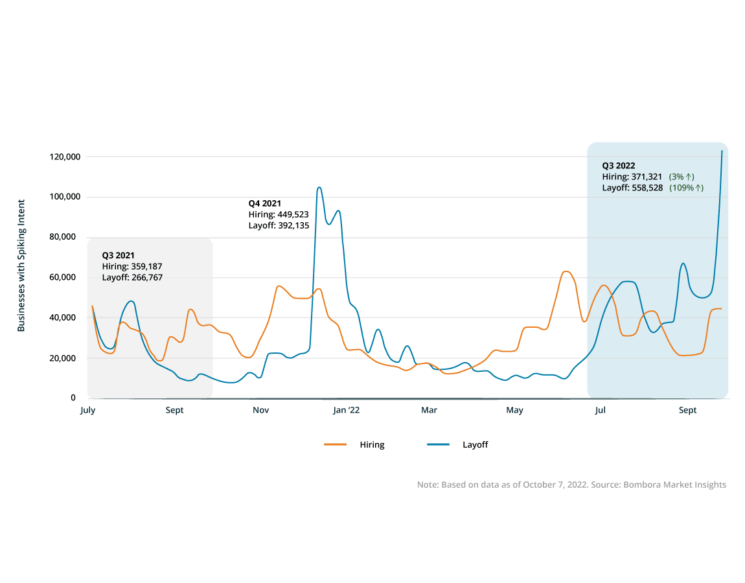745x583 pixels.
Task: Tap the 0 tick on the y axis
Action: pos(73,398)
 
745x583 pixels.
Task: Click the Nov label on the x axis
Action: pos(261,410)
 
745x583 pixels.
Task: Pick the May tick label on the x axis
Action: pos(515,410)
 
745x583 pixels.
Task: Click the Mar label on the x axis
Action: pos(429,410)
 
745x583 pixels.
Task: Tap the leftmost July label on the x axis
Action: pos(87,410)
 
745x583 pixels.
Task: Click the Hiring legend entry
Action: pos(372,444)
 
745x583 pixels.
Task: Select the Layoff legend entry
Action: pos(475,444)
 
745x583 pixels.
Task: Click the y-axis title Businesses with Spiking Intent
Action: pos(21,266)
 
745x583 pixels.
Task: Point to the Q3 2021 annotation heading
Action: pos(118,255)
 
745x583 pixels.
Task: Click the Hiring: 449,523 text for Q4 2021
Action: pos(278,214)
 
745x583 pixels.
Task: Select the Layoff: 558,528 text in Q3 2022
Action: pos(632,188)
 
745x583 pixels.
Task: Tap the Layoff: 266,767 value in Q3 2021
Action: pos(132,277)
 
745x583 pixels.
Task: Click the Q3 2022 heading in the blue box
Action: pos(618,165)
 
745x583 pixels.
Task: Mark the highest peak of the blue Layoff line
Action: pos(319,187)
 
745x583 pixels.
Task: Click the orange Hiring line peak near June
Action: pos(566,271)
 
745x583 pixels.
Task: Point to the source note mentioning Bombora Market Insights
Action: pos(571,485)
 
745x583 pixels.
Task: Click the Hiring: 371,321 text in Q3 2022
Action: pos(632,177)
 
